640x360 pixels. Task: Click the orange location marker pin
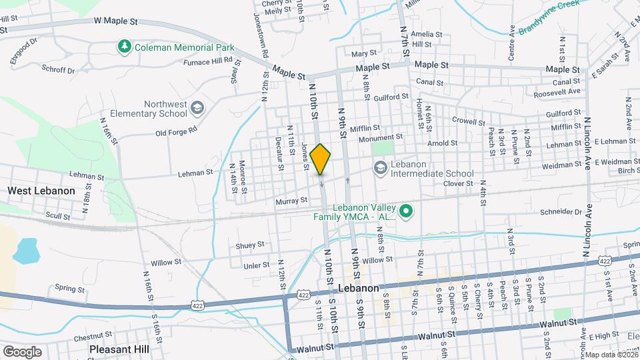[x=321, y=159]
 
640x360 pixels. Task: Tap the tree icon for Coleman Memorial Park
[x=123, y=47]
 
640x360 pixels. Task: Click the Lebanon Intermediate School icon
[x=381, y=168]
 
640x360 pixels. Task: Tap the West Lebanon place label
[x=41, y=191]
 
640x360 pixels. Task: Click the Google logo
[x=21, y=352]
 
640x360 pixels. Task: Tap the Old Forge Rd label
[x=177, y=131]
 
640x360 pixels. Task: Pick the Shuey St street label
[x=250, y=245]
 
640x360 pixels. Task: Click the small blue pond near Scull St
[x=25, y=251]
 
